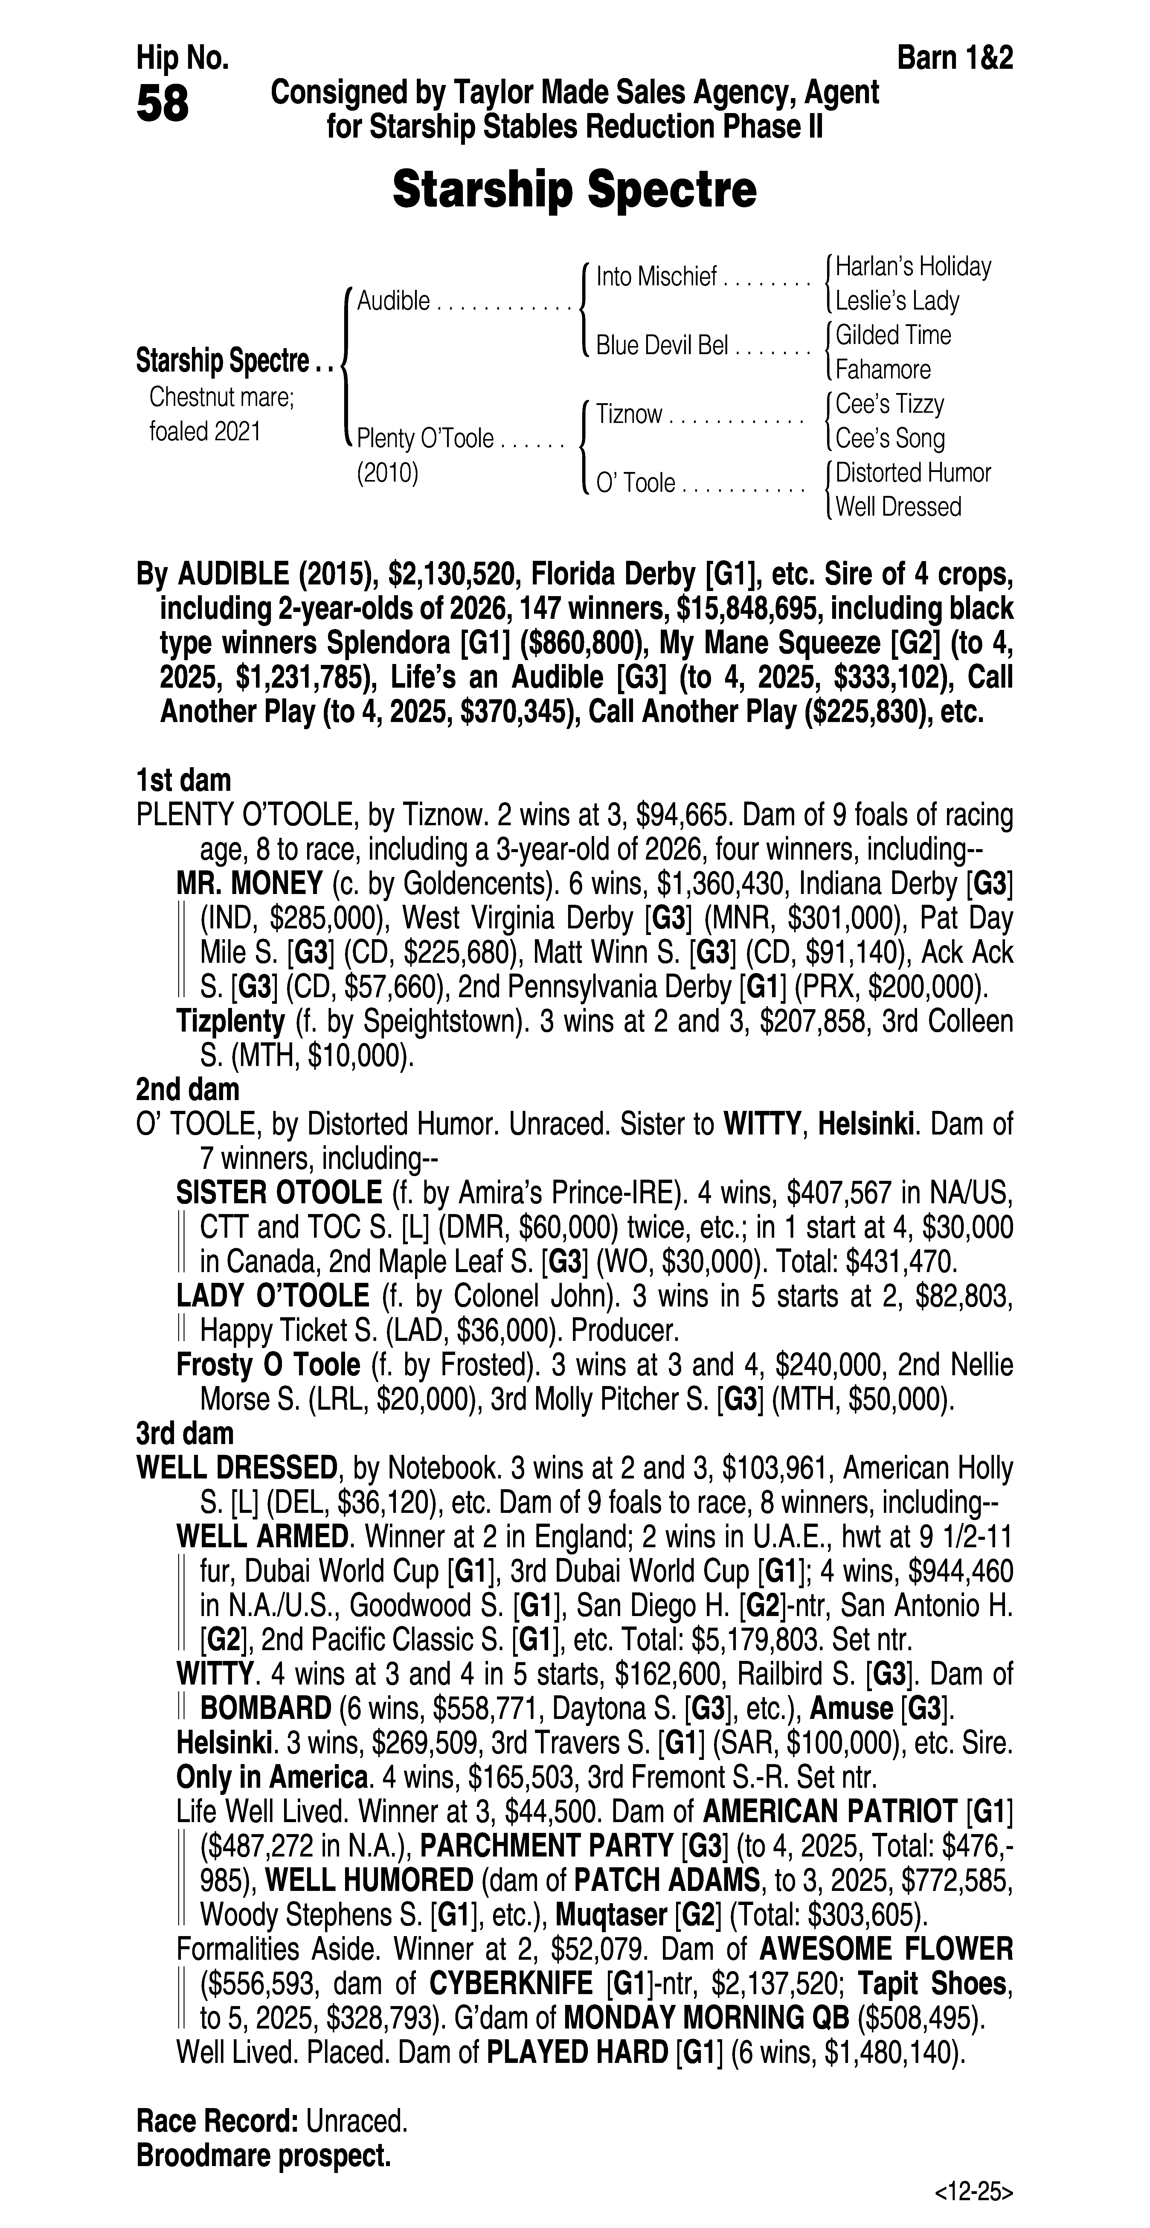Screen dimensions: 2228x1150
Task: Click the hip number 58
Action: (163, 105)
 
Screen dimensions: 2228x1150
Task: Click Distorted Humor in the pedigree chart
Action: (913, 473)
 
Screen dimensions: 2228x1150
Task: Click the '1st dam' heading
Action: (183, 780)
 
